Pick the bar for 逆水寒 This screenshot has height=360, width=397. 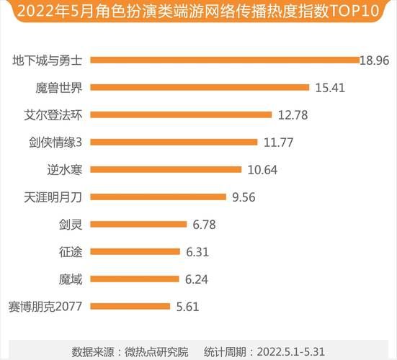pyautogui.click(x=166, y=170)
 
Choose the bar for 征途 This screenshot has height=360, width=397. pyautogui.click(x=136, y=251)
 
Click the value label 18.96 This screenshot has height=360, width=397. pyautogui.click(x=375, y=60)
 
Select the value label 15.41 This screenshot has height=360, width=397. pyautogui.click(x=331, y=88)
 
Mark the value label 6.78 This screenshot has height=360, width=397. pyautogui.click(x=205, y=225)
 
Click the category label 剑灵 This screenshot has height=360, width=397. pyautogui.click(x=70, y=225)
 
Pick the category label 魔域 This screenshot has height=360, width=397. pyautogui.click(x=70, y=279)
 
